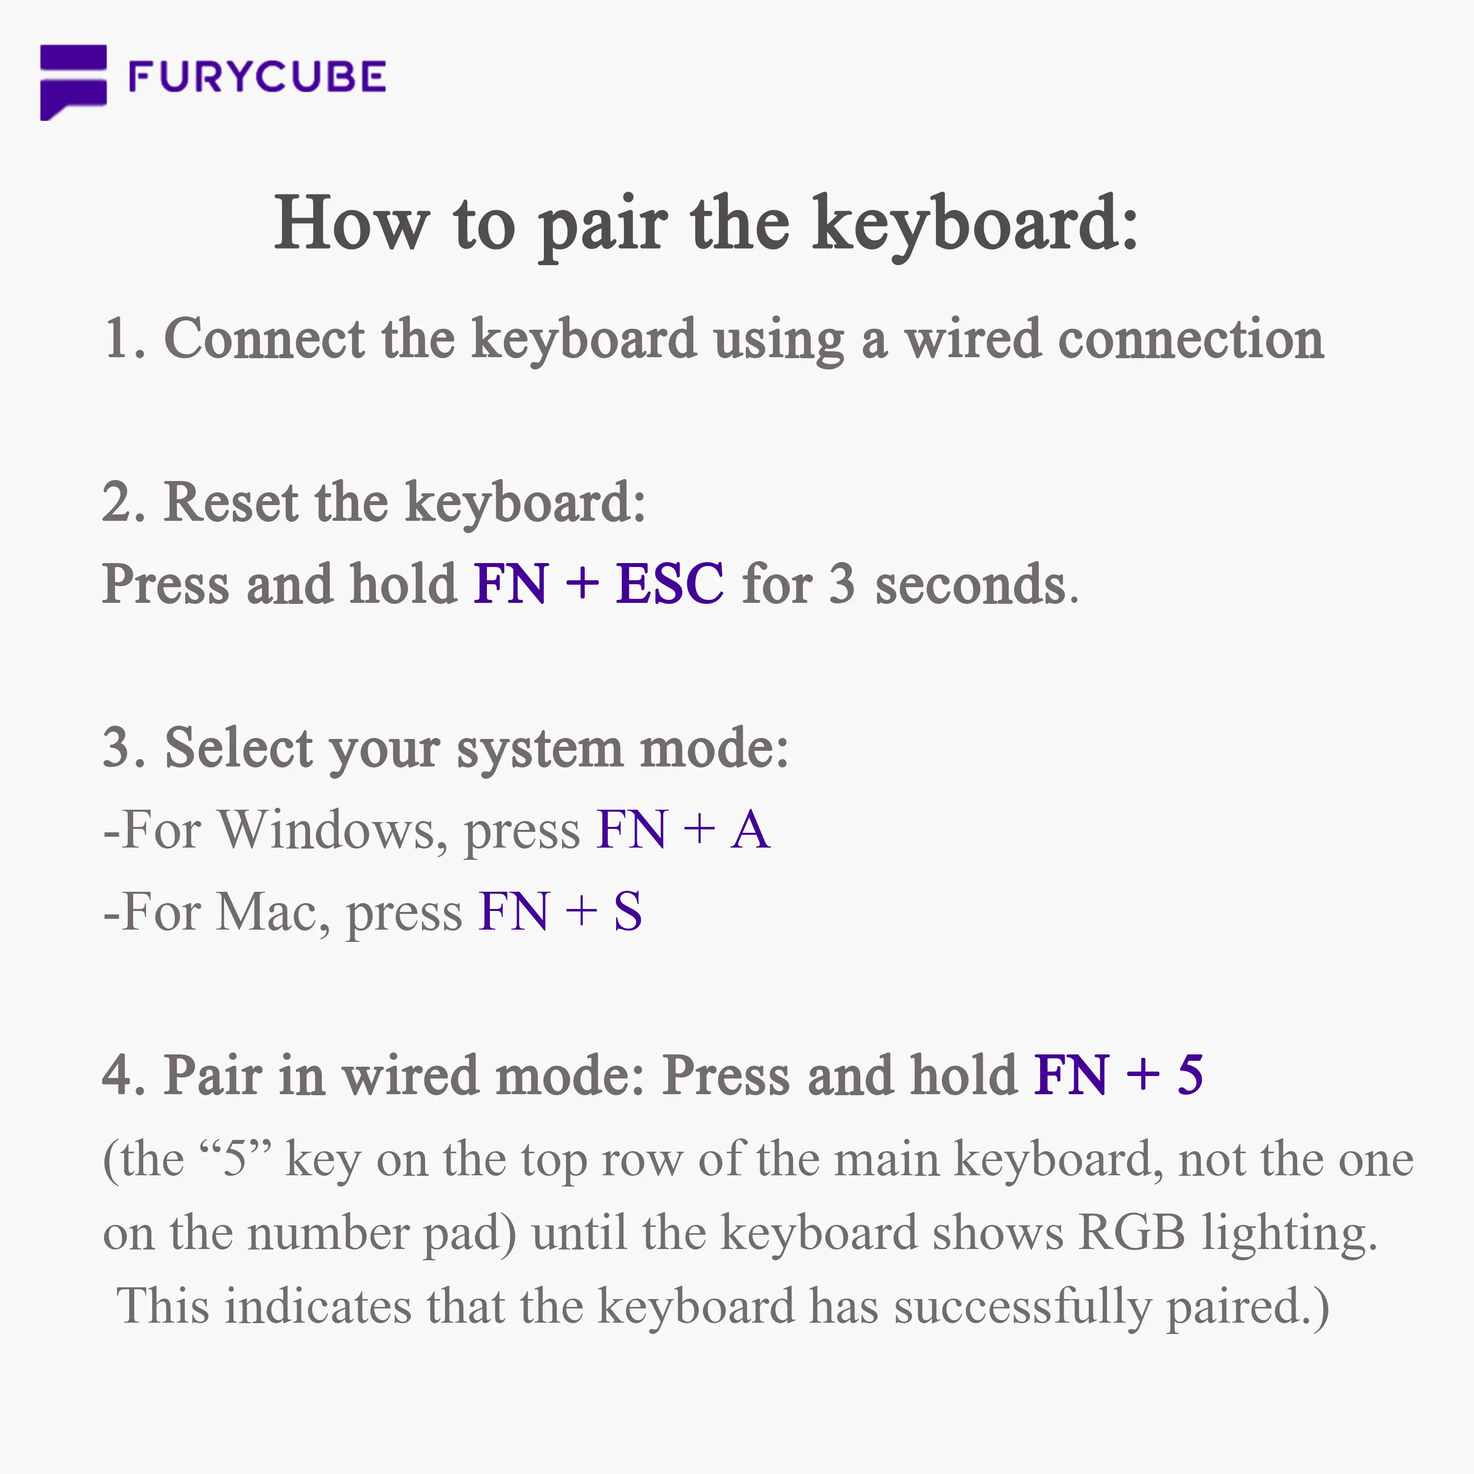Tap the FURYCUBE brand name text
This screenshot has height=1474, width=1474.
pyautogui.click(x=257, y=77)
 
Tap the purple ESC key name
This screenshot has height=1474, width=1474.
pyautogui.click(x=670, y=584)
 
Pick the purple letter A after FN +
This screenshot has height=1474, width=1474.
pyautogui.click(x=751, y=829)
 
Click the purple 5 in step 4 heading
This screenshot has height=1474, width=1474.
pyautogui.click(x=1190, y=1075)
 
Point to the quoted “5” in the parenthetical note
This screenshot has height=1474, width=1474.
pyautogui.click(x=235, y=1160)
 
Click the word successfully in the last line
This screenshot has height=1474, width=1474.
pyautogui.click(x=1022, y=1307)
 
